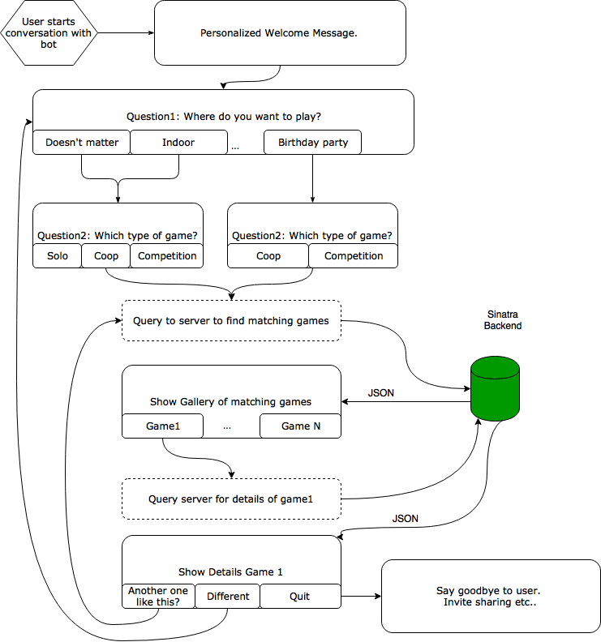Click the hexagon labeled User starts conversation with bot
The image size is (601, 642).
point(49,33)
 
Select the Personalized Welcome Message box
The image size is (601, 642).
point(280,33)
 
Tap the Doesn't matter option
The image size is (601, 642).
point(81,143)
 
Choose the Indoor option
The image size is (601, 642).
point(178,143)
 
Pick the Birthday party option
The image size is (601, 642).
point(312,143)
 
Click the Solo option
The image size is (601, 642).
point(58,256)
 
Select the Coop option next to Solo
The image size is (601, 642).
point(106,256)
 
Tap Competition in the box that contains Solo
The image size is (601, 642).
point(167,256)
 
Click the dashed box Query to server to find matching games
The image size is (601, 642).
point(231,321)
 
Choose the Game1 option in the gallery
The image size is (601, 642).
point(162,426)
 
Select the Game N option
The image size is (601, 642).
point(300,426)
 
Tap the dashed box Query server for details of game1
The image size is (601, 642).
point(231,499)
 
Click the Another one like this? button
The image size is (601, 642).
point(158,597)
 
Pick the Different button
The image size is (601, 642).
point(228,597)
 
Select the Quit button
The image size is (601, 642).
point(300,597)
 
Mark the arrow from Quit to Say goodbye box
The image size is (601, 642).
point(361,597)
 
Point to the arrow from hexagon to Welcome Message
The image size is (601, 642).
point(126,33)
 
